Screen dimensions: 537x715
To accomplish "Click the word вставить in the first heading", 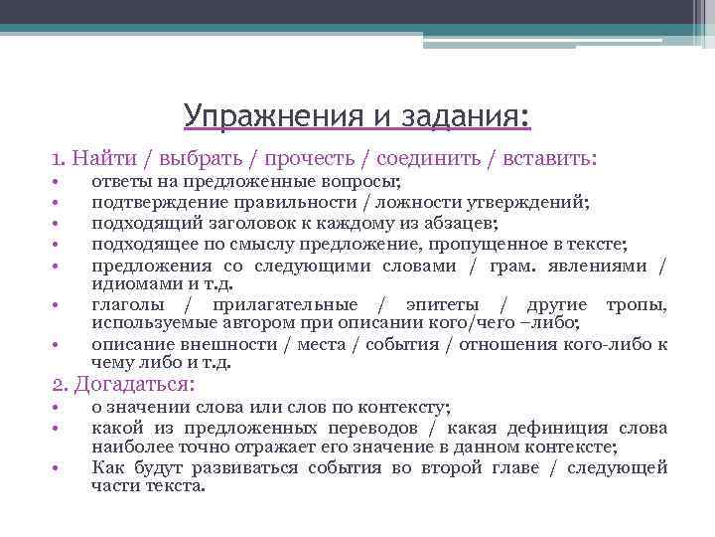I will [549, 157].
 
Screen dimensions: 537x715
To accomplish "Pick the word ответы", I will [121, 183].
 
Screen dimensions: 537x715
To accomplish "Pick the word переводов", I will [368, 428].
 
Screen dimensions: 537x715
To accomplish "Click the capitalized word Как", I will [107, 467].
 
